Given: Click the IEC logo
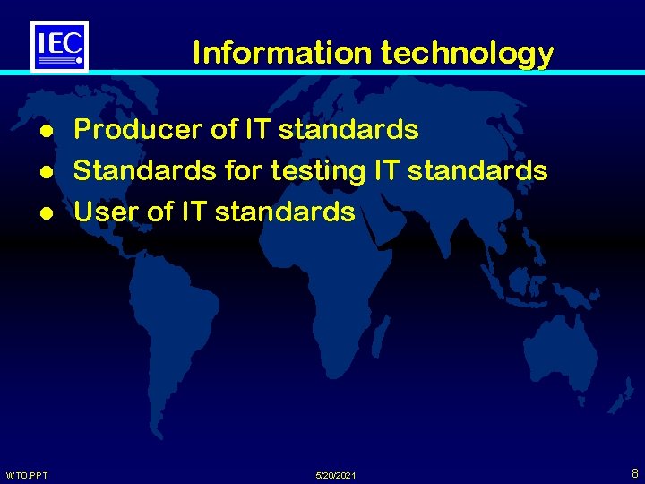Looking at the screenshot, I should click(60, 46).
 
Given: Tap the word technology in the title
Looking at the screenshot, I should click(467, 55).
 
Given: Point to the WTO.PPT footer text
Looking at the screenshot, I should click(27, 474).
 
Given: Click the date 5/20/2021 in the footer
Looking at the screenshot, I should click(337, 474).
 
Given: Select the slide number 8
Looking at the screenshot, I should click(634, 472).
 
